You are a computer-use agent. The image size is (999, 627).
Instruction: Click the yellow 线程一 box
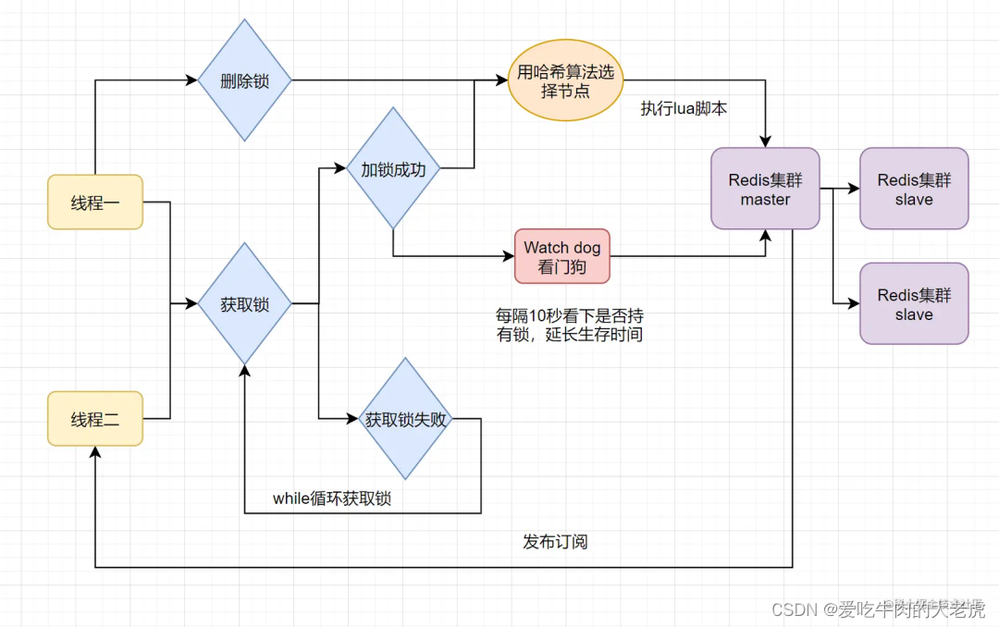[95, 202]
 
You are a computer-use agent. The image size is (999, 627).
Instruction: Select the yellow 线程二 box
[95, 419]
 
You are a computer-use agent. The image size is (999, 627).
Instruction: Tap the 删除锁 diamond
[245, 80]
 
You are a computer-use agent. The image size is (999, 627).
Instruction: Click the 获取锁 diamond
[245, 302]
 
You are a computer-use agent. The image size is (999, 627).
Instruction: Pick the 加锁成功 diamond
[393, 168]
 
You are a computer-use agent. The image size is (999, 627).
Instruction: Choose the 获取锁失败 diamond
[405, 419]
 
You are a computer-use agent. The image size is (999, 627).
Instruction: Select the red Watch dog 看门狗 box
[562, 256]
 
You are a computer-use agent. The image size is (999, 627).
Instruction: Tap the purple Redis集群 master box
[765, 188]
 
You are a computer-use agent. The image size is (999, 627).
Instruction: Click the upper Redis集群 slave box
[914, 188]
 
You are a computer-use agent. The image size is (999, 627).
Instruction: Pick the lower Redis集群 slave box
[914, 303]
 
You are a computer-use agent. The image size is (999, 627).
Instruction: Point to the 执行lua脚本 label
[684, 108]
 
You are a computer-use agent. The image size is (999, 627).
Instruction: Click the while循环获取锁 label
[332, 498]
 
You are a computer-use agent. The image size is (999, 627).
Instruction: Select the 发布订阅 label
[555, 541]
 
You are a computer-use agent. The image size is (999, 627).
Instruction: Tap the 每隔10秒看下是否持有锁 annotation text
[570, 325]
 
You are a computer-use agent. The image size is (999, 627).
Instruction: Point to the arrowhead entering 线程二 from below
[95, 452]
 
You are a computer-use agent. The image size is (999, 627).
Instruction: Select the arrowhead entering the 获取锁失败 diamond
[352, 419]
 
